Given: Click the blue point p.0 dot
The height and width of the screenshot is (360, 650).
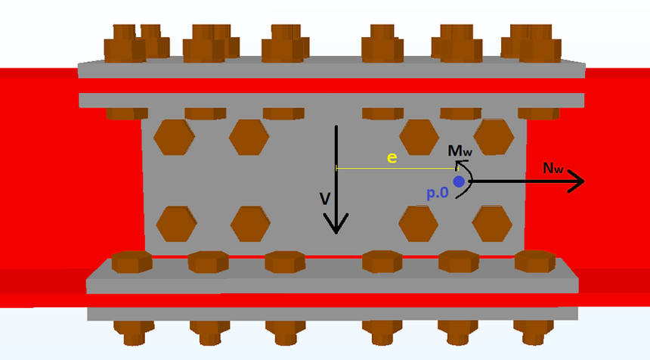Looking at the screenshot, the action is [x=459, y=182].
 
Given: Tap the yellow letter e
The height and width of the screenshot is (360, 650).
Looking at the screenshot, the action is [x=392, y=157].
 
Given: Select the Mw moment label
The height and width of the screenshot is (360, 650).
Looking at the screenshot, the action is [x=460, y=151].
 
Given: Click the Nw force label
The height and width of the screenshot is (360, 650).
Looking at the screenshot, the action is [x=553, y=168].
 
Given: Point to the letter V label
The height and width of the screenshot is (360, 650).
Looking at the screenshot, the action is [x=325, y=199].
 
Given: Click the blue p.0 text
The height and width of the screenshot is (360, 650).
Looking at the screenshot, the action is [x=438, y=193].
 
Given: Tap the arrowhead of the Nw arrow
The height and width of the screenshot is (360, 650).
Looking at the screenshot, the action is [x=576, y=182].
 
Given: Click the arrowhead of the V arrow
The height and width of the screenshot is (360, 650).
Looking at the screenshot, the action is [x=336, y=224].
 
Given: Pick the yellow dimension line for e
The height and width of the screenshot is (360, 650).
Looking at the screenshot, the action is [x=397, y=169].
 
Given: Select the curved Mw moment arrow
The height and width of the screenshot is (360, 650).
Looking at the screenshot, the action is [x=472, y=181].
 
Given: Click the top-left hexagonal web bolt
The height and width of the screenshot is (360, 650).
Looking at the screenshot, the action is [x=174, y=138].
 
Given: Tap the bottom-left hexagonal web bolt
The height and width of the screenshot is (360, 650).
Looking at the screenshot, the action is [x=176, y=224].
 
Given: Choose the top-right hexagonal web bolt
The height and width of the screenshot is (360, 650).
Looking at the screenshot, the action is [x=494, y=137].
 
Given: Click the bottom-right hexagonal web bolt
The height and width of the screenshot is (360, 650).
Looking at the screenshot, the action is [x=492, y=224].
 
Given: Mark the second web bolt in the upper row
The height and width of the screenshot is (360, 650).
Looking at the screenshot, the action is [x=249, y=138].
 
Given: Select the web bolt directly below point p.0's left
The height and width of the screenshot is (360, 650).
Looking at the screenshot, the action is [x=418, y=224].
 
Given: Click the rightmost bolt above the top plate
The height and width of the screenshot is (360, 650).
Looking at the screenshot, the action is [x=540, y=44].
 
